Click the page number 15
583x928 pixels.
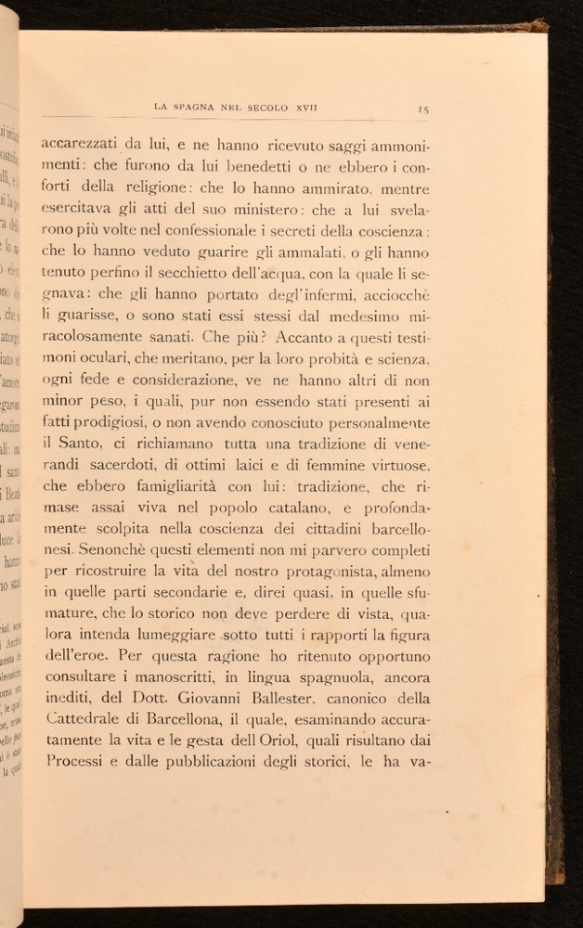(422, 110)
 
